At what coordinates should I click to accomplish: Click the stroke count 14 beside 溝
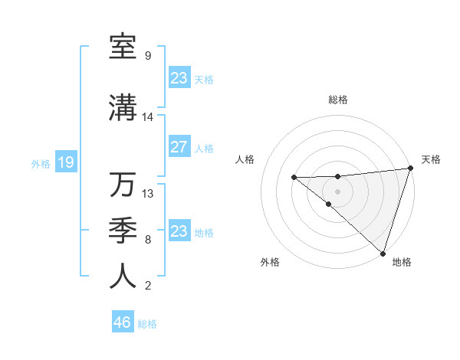click(x=148, y=117)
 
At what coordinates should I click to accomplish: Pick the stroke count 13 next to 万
click(x=148, y=193)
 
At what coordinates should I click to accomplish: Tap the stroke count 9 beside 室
click(x=148, y=56)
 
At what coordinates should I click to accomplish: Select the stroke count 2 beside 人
click(x=148, y=286)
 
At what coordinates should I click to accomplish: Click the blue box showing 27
click(x=179, y=147)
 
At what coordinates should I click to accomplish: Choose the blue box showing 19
click(x=65, y=162)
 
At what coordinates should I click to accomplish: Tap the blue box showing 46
click(x=122, y=322)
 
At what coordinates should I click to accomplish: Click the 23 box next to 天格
click(x=179, y=78)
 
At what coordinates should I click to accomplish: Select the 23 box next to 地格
click(x=179, y=231)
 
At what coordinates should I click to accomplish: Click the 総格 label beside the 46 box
click(x=147, y=324)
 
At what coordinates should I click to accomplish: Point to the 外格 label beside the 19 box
click(x=40, y=163)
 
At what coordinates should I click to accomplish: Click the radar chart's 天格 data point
click(x=410, y=169)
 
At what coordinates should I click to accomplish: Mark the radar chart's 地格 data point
click(x=383, y=253)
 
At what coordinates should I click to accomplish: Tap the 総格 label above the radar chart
click(x=337, y=100)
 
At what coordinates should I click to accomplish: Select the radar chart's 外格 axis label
click(x=270, y=262)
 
